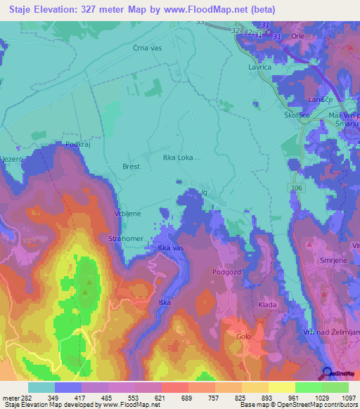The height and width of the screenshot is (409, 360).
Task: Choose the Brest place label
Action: tap(131, 167)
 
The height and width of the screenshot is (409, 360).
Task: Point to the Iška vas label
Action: tap(170, 249)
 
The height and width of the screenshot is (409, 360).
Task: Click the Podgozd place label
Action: tap(226, 271)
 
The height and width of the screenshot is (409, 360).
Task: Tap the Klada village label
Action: tap(267, 304)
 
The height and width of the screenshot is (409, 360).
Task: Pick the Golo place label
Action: tap(243, 337)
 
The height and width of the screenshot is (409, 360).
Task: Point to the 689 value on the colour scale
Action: tap(187, 398)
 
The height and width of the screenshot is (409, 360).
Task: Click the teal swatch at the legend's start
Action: tap(41, 387)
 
